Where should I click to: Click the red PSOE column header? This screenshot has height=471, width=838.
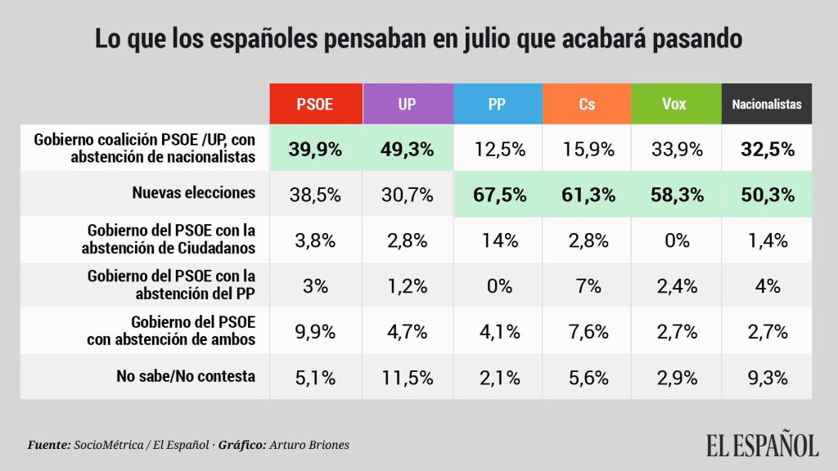click(x=315, y=105)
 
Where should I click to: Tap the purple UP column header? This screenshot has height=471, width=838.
click(x=406, y=105)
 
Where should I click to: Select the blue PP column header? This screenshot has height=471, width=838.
click(x=496, y=105)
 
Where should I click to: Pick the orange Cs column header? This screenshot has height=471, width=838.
click(x=586, y=105)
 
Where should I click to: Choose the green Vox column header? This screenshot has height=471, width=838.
click(x=675, y=105)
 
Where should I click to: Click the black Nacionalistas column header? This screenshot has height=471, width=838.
click(x=767, y=105)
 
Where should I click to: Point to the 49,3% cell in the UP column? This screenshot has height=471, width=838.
click(x=406, y=149)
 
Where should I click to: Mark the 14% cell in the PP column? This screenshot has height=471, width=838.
click(x=496, y=240)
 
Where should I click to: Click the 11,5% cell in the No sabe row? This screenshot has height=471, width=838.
click(x=406, y=377)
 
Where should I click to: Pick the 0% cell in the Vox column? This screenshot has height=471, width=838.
click(x=675, y=240)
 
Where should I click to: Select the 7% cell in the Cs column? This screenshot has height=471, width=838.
click(x=586, y=285)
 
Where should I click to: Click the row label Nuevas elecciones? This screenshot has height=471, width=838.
click(x=194, y=193)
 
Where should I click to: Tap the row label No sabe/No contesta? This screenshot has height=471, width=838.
click(x=185, y=376)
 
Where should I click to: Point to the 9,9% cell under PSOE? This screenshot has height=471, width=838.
click(x=315, y=331)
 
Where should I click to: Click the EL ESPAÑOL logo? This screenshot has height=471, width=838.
click(x=762, y=445)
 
